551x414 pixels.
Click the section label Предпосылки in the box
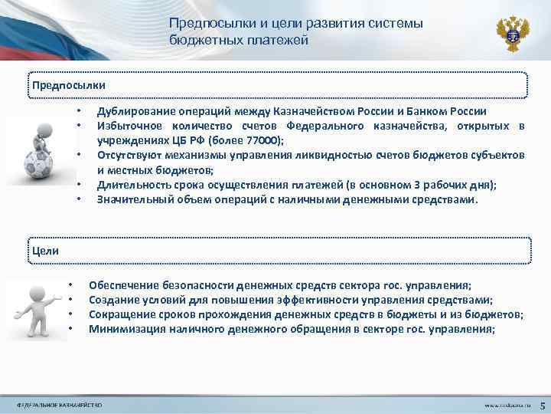pos(69,83)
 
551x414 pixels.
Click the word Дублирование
pos(132,112)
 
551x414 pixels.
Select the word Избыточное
pos(126,126)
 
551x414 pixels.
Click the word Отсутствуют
pos(128,155)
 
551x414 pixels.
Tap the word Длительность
pos(129,185)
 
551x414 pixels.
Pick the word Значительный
pos(129,199)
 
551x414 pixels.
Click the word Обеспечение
pos(122,284)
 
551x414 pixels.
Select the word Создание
pos(112,300)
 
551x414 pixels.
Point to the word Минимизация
pos(123,330)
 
